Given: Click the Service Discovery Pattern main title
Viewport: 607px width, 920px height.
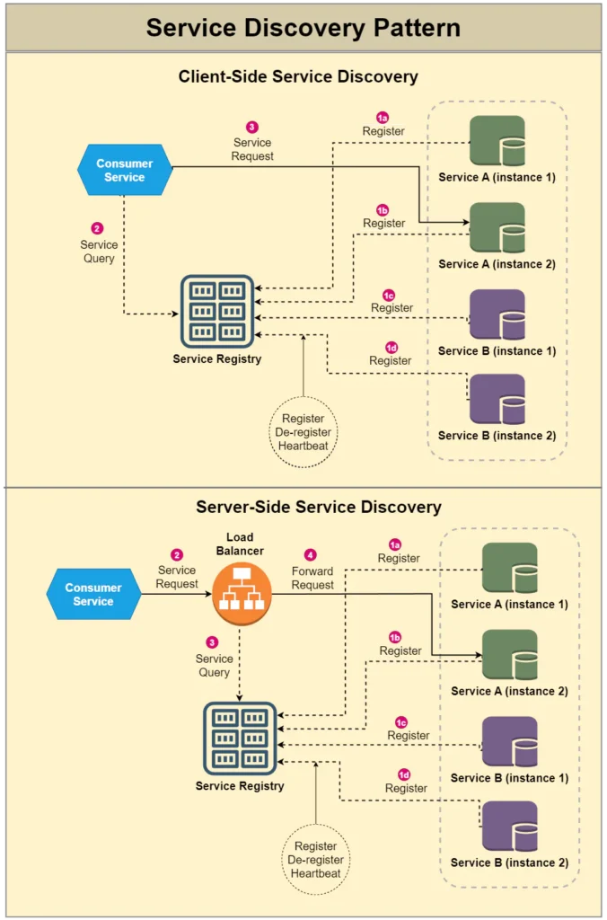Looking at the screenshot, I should pos(303,27).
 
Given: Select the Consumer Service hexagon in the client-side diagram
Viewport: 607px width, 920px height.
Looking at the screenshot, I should pos(124,170).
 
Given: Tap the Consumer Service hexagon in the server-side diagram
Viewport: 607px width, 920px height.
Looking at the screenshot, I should pos(93,594).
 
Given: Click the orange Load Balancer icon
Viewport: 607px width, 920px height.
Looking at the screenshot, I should pos(240,595).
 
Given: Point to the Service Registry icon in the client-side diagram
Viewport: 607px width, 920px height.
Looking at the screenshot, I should pos(216,311).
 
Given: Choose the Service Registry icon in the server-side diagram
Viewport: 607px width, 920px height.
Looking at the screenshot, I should pos(240,739).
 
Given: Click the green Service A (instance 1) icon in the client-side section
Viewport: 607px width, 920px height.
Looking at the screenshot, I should pos(497,141).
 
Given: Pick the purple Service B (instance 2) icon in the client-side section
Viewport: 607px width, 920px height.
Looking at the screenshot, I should pos(497,400).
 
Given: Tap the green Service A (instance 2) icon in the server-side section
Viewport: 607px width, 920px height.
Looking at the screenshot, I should pos(509,655).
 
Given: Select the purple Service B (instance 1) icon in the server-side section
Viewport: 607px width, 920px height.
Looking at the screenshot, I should pos(509,741).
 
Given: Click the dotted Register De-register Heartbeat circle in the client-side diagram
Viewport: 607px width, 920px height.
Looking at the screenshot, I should pos(303,432).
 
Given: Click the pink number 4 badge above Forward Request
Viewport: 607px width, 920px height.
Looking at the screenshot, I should pos(311,555).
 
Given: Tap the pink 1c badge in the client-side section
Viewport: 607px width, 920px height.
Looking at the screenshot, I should pos(389,295).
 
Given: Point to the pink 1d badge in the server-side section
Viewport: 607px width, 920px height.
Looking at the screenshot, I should pos(404,774).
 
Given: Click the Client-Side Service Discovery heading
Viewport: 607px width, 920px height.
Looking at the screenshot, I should pos(298,76).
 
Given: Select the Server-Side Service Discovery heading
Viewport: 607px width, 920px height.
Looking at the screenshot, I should pos(318,507).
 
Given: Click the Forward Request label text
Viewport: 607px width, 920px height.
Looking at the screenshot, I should pos(312,578).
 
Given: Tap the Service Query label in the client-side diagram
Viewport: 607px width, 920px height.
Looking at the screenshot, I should pos(99,251).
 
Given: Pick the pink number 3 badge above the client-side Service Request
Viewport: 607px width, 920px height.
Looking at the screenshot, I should pos(252,128).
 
